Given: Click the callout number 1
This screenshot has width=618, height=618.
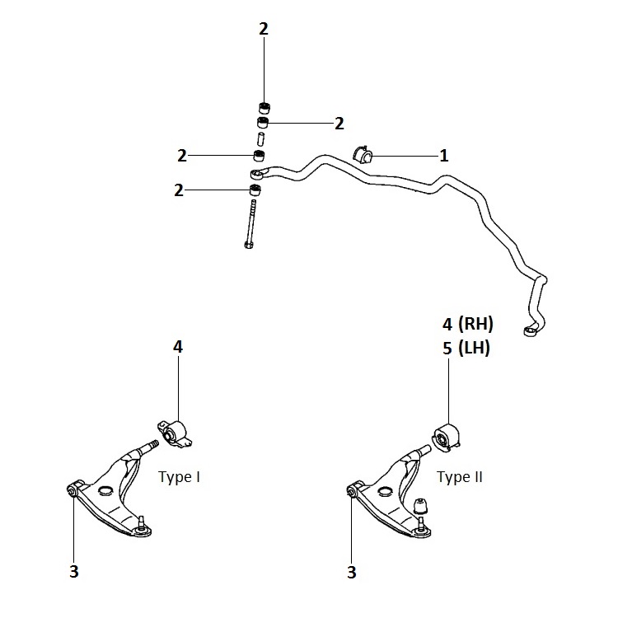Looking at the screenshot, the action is point(444,156).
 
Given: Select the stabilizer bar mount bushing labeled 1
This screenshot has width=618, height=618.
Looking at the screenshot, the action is point(363,154).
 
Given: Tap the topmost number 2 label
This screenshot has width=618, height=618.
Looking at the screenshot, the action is point(264,29).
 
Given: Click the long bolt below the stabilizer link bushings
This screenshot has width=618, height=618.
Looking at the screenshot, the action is point(250,224).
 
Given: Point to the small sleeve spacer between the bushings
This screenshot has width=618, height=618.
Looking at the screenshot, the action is point(260,139).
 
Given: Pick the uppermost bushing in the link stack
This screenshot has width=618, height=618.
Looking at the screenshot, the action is point(265,107).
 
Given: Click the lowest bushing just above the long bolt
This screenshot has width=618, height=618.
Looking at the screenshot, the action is point(255,190).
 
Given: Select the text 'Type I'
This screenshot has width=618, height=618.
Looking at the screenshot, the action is point(179,477).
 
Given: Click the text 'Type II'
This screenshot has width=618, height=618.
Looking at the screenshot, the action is point(460,477).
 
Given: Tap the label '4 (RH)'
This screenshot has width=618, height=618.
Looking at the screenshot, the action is point(467,324).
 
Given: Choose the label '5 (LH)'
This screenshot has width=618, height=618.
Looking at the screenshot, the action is point(466,348).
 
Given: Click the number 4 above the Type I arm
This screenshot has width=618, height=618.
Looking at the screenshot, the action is point(178,347).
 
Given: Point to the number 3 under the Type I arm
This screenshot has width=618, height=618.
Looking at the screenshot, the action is point(74,571).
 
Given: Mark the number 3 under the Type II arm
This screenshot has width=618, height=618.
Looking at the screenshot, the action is point(352,572).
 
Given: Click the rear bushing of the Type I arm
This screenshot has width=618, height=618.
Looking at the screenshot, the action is point(174,433).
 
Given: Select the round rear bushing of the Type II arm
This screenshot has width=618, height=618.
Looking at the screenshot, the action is point(447,438).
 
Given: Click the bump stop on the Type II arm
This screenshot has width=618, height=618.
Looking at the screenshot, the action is point(420,506).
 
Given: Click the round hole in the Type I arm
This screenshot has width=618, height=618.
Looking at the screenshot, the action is point(105,491).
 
